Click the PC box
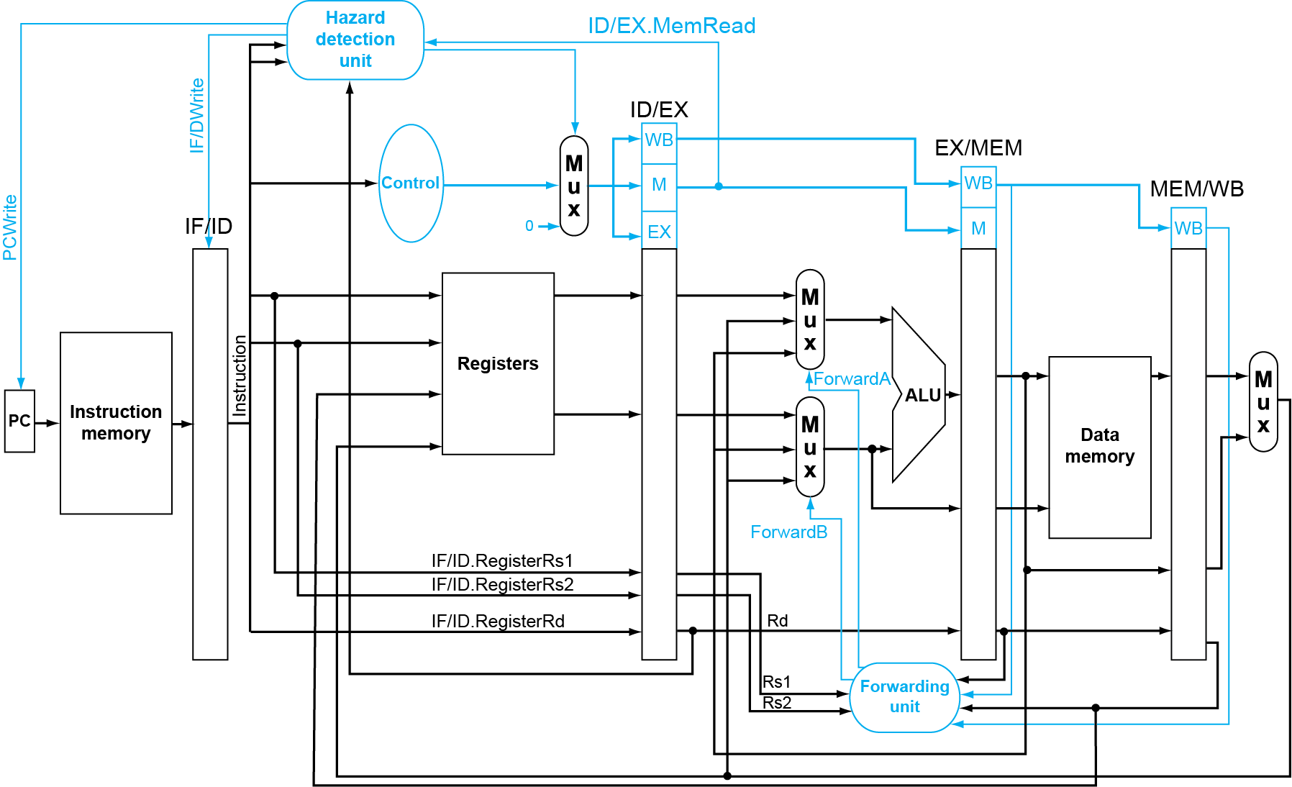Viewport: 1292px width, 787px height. [x=19, y=421]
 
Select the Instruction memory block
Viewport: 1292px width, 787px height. [x=116, y=423]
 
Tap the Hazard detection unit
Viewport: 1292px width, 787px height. [x=355, y=40]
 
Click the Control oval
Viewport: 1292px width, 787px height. [x=410, y=183]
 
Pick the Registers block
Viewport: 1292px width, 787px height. [x=498, y=364]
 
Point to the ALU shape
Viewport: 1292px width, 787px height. [x=920, y=395]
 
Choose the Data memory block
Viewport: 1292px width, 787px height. [x=1099, y=446]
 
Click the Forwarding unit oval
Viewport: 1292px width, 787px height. [x=904, y=697]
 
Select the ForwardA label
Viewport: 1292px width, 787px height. [x=852, y=379]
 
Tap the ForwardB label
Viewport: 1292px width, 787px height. [x=788, y=532]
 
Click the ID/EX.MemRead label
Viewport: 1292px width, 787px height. [x=671, y=26]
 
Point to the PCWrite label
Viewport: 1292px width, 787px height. [x=10, y=227]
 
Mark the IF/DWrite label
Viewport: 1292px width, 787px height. [x=197, y=115]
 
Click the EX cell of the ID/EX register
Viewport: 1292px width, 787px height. [x=659, y=232]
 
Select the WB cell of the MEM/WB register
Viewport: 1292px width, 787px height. [x=1188, y=229]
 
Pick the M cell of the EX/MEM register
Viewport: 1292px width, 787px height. [x=978, y=229]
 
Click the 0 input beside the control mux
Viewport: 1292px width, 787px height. [x=529, y=226]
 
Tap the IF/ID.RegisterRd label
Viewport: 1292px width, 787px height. [x=498, y=622]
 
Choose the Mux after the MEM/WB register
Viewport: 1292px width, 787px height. [x=1263, y=401]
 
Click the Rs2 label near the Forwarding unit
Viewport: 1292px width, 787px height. [x=777, y=703]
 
